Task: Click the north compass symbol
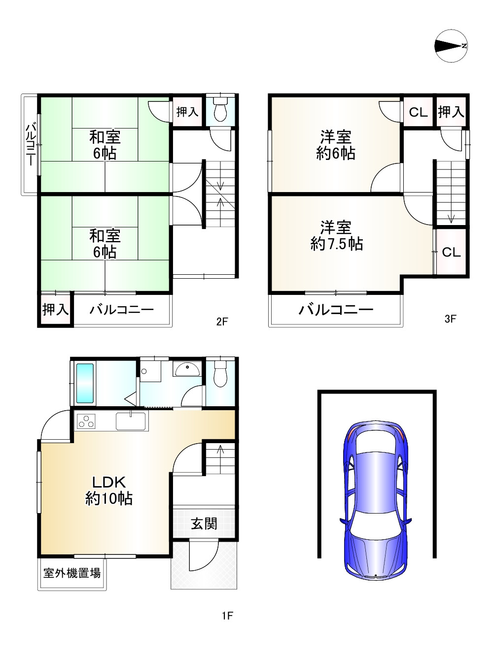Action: tap(451, 46)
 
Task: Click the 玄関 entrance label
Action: tap(204, 523)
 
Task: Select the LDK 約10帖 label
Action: tap(108, 490)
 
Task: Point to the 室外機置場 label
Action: tap(72, 573)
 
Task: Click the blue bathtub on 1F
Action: tap(85, 383)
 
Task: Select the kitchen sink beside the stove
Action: tap(131, 422)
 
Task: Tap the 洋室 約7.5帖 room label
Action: tap(337, 236)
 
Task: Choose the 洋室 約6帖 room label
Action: tap(336, 145)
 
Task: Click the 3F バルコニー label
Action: tap(336, 310)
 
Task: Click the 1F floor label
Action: tap(226, 616)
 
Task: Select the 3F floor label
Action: tap(450, 319)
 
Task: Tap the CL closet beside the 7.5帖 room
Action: tap(451, 252)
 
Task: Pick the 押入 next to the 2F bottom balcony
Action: tap(56, 310)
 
